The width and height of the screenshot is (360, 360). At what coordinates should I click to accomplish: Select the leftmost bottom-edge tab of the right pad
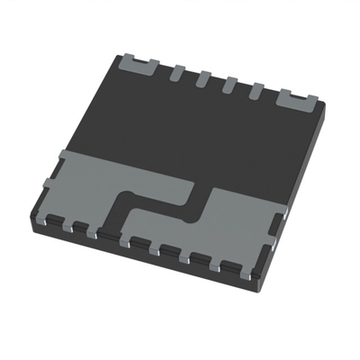pyautogui.click(x=139, y=240)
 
